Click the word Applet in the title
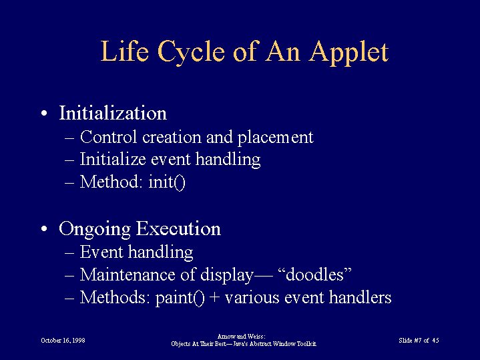coord(348,52)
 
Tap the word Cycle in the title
coord(191,52)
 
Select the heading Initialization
coord(113,113)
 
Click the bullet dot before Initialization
coord(44,114)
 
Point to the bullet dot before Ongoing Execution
coord(44,228)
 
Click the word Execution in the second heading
coord(178,228)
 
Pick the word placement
coord(276,138)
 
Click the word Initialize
coord(113,160)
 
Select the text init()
coord(167,182)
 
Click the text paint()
coord(180,298)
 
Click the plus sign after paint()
coord(215,298)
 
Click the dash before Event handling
coord(69,252)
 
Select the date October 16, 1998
coord(63,341)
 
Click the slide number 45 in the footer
coord(436,341)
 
